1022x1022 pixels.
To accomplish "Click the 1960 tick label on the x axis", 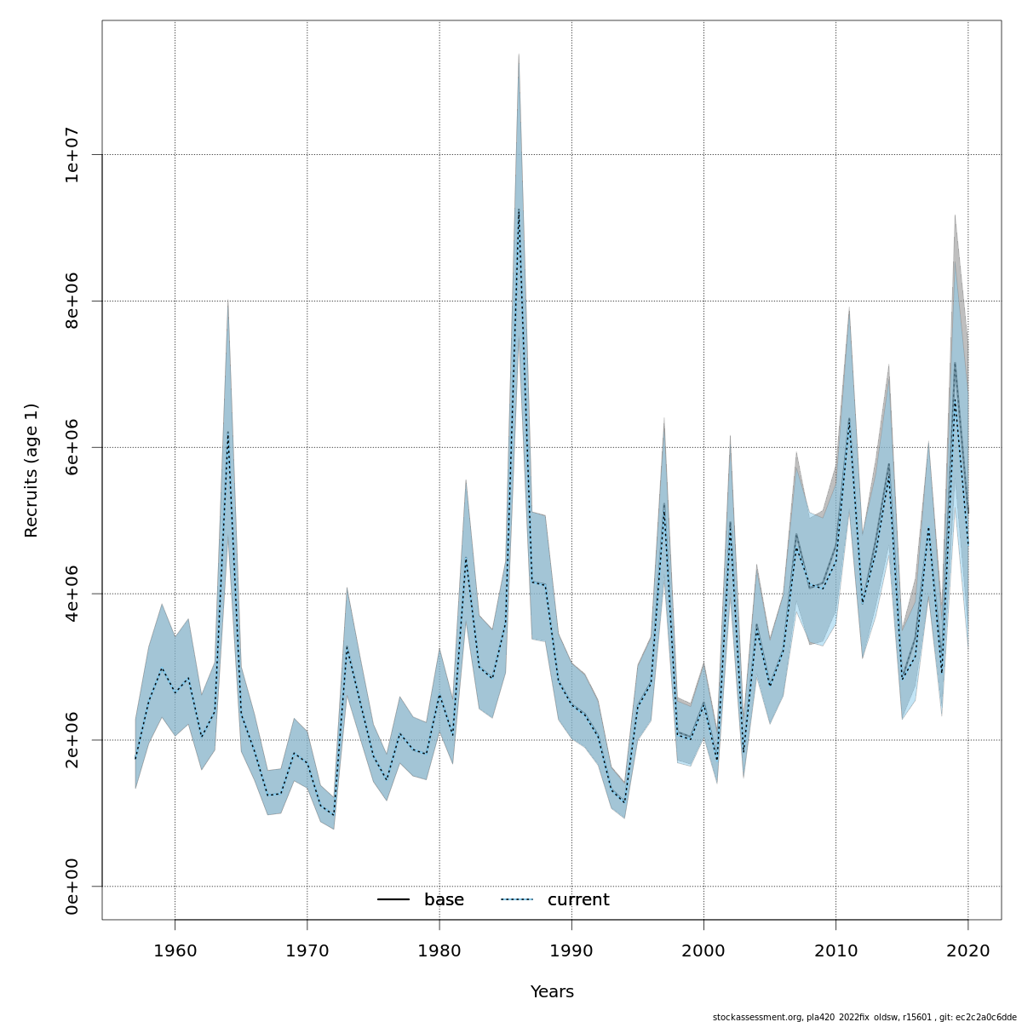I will pos(175,950).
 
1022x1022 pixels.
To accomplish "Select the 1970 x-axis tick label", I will pos(307,950).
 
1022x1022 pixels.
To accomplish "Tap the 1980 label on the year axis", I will pos(439,950).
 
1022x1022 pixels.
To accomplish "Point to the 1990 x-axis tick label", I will pos(571,950).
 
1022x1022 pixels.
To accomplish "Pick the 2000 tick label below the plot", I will pos(703,950).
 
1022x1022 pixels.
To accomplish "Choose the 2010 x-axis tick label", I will pos(835,950).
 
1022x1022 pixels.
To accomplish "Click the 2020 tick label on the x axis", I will pos(968,950).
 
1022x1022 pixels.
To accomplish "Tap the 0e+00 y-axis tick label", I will pos(73,887).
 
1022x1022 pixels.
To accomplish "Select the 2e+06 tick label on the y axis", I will pos(73,740).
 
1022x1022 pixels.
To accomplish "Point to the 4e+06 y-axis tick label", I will pos(73,594).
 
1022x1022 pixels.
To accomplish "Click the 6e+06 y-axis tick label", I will pos(73,447).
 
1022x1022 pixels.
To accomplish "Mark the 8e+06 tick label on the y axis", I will pos(73,301).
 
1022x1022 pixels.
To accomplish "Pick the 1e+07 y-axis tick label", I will pos(73,154).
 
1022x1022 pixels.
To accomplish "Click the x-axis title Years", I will pos(552,992).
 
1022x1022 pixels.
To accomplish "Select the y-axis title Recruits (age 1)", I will pos(32,470).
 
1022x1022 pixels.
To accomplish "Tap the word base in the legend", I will pos(444,900).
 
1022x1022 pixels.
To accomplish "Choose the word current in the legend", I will pos(578,900).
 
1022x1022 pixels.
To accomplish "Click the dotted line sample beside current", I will pos(517,900).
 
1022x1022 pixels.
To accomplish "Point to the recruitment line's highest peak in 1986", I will pos(519,210).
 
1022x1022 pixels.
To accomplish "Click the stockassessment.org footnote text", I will pos(864,1017).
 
